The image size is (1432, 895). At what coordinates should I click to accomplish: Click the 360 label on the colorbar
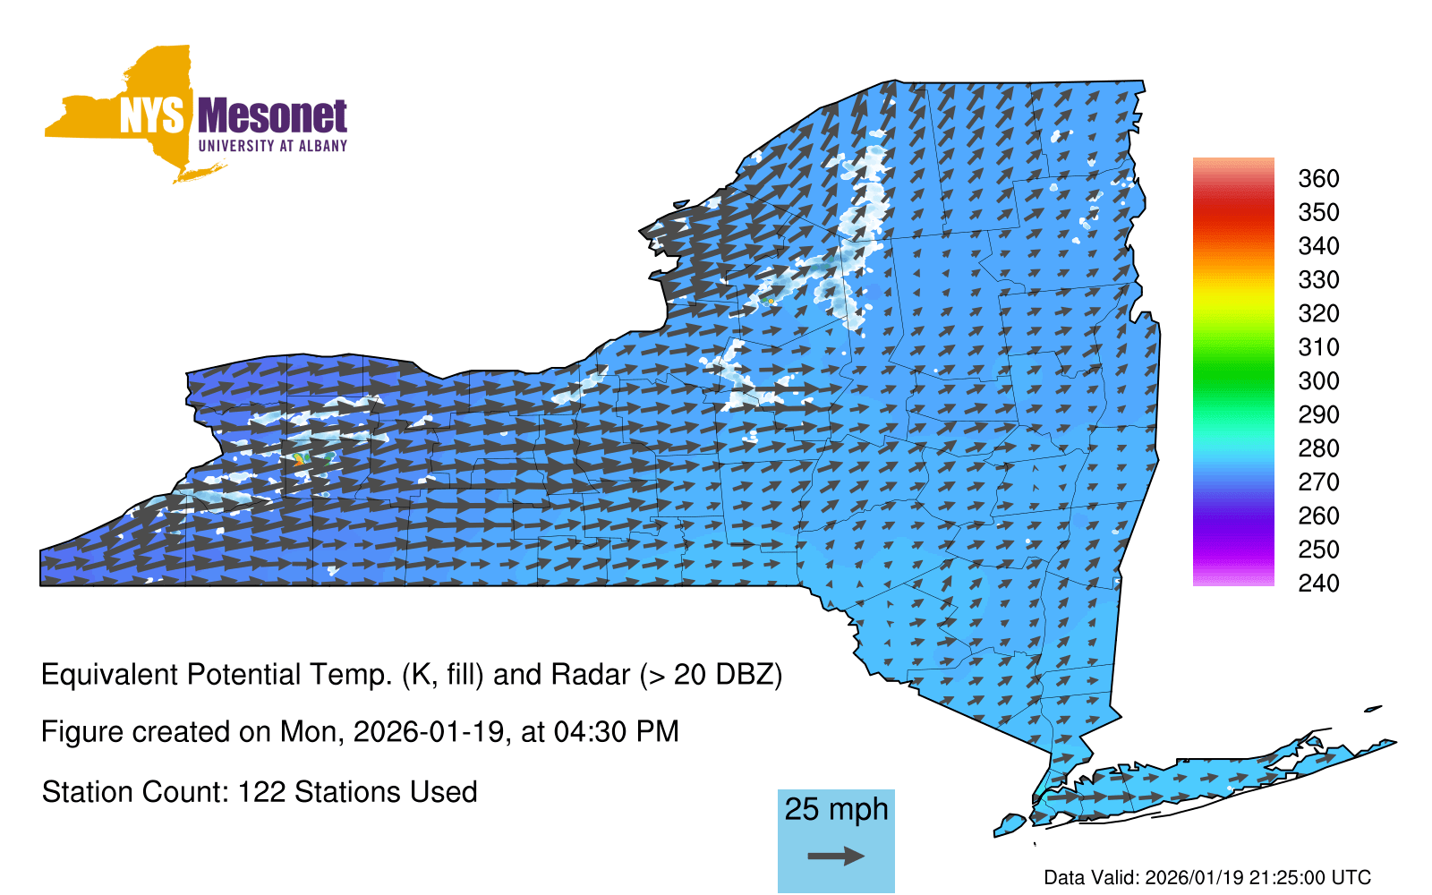(1318, 178)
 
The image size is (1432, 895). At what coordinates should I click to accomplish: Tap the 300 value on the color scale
(1318, 381)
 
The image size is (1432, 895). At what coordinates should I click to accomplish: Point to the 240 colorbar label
(1318, 583)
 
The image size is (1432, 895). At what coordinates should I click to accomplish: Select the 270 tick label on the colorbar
(1318, 482)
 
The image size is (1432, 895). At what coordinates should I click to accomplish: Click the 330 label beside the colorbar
(1318, 280)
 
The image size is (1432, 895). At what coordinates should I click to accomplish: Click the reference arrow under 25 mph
(836, 856)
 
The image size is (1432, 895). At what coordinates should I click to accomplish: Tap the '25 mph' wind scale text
(836, 809)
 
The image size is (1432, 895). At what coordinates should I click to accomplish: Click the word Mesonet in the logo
(272, 116)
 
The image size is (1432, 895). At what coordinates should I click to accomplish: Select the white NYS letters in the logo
(151, 115)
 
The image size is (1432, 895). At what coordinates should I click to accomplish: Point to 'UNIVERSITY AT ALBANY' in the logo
(273, 147)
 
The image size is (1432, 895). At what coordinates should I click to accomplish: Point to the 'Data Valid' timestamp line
(1207, 878)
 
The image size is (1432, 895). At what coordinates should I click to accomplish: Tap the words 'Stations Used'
(386, 793)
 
